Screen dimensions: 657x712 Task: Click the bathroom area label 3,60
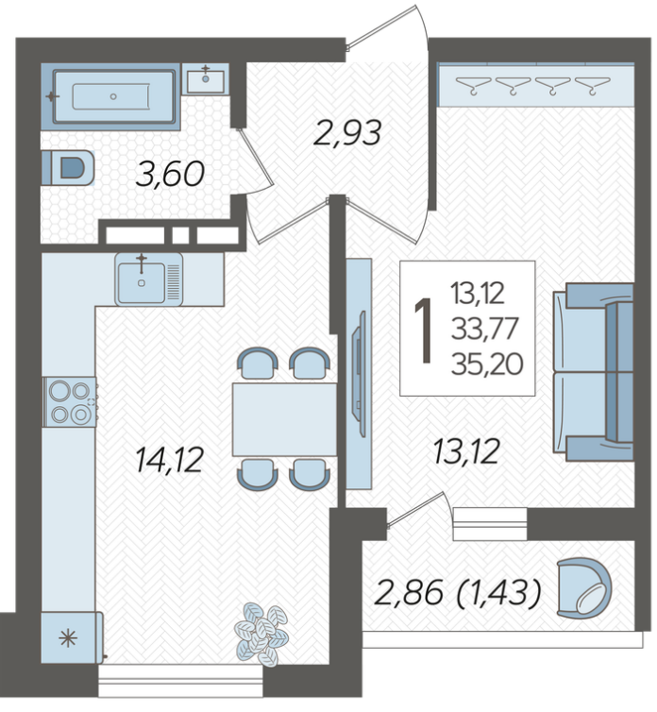170,175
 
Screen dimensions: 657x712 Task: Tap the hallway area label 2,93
347,133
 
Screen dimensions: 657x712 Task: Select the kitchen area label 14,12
169,460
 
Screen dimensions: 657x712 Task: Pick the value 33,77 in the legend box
484,329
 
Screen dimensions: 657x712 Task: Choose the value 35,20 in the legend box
487,364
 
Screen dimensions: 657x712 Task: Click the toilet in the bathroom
68,167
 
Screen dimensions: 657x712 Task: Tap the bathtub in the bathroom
113,96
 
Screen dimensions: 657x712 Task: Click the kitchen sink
148,280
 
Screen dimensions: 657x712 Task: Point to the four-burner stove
70,402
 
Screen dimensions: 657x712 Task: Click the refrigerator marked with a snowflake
72,637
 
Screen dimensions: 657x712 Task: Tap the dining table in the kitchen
284,419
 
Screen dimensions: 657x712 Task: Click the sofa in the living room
593,372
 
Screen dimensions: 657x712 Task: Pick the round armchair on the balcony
584,588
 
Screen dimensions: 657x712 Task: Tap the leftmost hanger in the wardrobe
473,85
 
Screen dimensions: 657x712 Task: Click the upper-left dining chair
258,364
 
